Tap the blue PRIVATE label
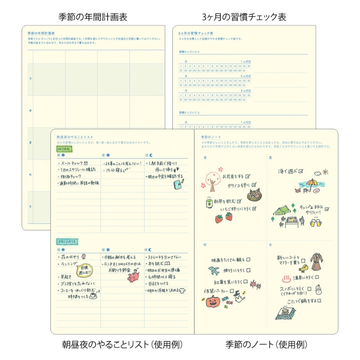pyautogui.click(x=68, y=241)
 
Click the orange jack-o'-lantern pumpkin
pyautogui.click(x=213, y=301)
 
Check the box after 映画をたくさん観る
pyautogui.click(x=248, y=260)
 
